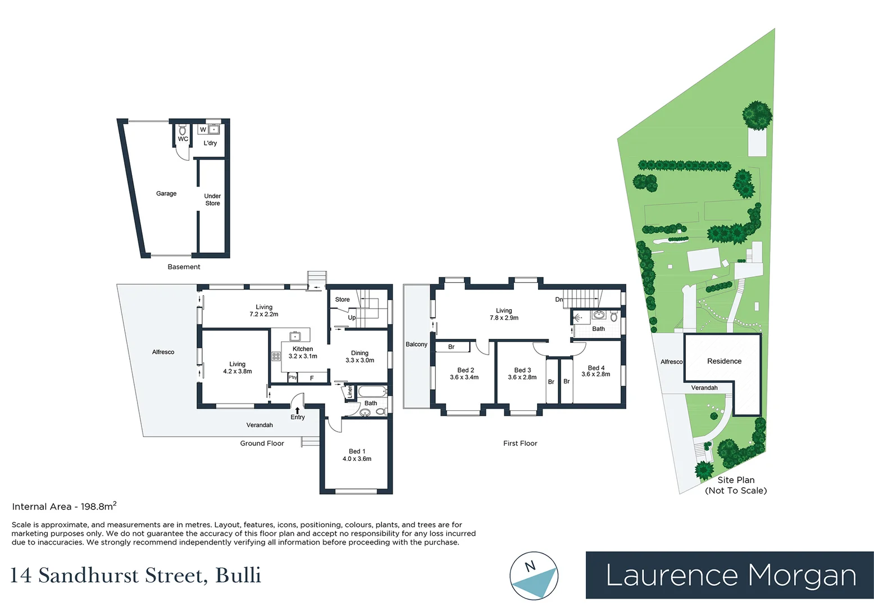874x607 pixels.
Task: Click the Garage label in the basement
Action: [166, 193]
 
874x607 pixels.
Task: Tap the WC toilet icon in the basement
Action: [183, 130]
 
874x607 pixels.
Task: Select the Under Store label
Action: [212, 200]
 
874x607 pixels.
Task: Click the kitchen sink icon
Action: [295, 336]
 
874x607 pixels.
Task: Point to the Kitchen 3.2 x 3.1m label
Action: [303, 352]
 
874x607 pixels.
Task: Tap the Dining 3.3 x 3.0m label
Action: [359, 357]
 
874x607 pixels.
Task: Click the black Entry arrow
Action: [297, 410]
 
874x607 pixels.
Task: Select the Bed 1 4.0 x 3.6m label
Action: [357, 455]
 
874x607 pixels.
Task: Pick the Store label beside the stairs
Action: [342, 300]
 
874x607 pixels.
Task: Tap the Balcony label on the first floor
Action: [416, 345]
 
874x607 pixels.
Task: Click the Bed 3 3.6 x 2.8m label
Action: [522, 374]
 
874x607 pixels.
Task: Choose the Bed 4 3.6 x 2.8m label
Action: [596, 371]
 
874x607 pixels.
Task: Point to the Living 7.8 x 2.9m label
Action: [504, 314]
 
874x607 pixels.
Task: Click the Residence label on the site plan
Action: [724, 361]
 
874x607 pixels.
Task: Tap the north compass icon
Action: [534, 576]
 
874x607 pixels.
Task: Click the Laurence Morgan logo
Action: [730, 575]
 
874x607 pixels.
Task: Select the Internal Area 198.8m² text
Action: [64, 506]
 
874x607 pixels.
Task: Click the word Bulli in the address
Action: [238, 576]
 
